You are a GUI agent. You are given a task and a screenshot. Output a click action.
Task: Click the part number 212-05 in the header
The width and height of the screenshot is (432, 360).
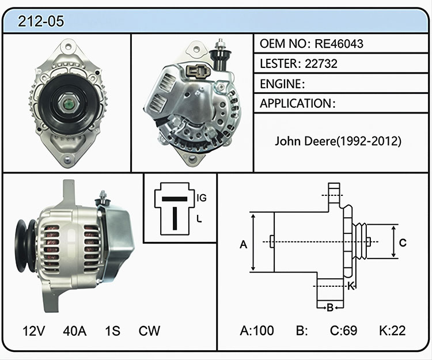coord(41,21)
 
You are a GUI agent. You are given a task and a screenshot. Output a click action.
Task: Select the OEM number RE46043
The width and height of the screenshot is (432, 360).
coord(339,44)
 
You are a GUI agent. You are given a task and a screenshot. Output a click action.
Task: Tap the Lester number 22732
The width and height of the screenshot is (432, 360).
coord(321,63)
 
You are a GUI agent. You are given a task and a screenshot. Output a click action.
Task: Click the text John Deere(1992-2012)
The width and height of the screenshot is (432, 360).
coord(338,141)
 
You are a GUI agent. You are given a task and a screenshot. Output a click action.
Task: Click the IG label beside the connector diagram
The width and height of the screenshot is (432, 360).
coord(202,198)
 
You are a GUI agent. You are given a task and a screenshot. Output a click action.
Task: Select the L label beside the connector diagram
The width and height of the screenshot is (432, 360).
coord(199,219)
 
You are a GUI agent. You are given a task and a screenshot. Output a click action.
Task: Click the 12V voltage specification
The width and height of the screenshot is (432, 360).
coord(33,331)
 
